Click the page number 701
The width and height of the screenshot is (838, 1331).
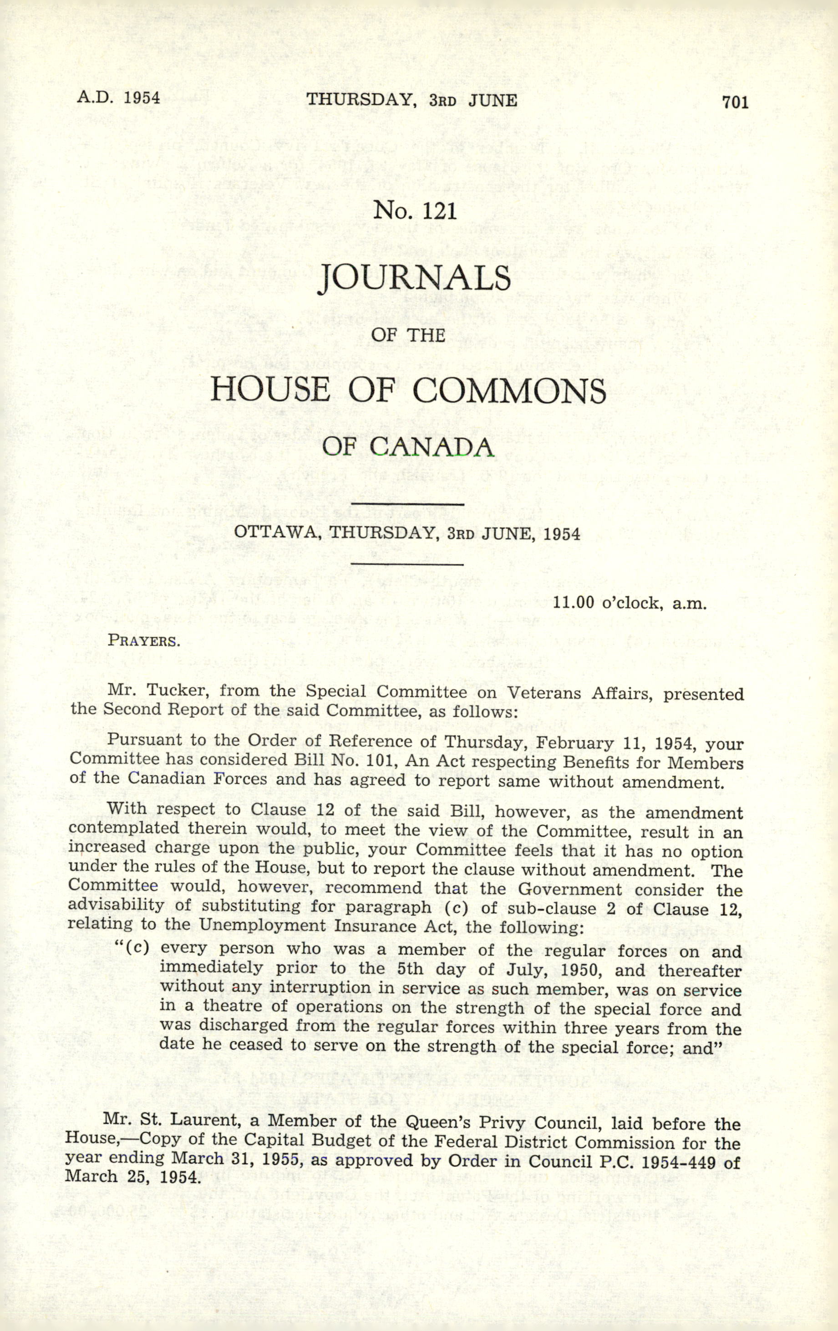click(x=735, y=102)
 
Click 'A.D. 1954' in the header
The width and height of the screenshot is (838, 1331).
click(x=119, y=98)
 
